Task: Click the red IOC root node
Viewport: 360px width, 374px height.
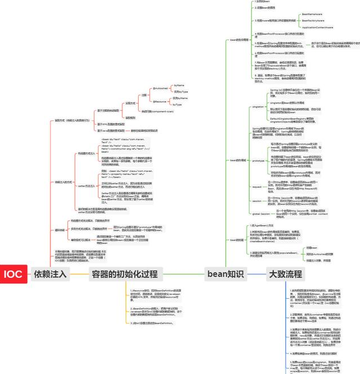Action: [x=12, y=274]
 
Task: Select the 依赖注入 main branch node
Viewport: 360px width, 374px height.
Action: [x=50, y=274]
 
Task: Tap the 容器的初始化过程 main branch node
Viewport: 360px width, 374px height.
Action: [x=124, y=274]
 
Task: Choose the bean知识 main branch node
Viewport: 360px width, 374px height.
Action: [x=225, y=274]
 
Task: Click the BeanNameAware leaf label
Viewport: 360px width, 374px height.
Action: [x=312, y=14]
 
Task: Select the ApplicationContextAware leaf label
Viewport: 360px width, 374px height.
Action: [x=317, y=27]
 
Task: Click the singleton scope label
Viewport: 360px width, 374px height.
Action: [x=258, y=106]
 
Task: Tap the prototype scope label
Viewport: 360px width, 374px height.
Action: [x=258, y=160]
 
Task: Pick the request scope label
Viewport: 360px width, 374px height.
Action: [x=256, y=186]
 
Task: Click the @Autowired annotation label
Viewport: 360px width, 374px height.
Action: [x=160, y=88]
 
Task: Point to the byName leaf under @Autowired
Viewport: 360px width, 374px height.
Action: [x=179, y=85]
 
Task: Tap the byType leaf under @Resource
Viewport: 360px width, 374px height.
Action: [x=177, y=105]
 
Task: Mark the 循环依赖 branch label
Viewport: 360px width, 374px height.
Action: [x=60, y=230]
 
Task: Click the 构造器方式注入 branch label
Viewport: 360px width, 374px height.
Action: [x=86, y=153]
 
